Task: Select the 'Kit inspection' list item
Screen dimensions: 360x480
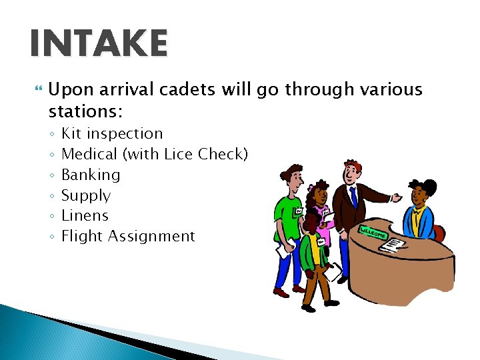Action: tap(112, 133)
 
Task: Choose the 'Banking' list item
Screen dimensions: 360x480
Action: tap(91, 175)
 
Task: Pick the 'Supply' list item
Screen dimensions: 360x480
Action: tap(86, 195)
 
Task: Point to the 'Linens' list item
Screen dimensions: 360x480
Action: tap(85, 215)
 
